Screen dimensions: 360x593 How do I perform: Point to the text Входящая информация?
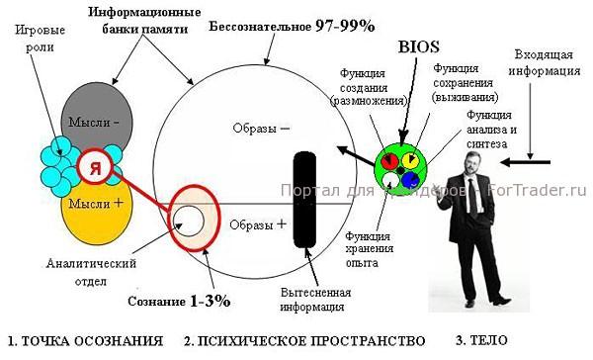546,63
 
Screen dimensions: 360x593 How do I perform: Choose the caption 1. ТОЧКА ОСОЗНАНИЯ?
85,341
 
